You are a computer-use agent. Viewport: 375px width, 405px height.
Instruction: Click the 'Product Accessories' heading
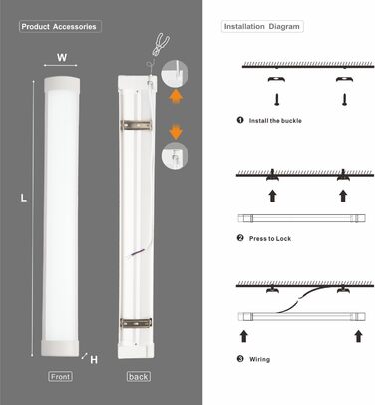(59, 27)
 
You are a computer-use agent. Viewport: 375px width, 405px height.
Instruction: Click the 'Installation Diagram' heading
(262, 27)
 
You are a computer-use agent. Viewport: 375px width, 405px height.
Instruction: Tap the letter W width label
(62, 58)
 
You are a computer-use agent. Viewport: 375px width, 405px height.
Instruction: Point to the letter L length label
(24, 198)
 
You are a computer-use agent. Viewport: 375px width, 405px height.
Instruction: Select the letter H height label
(94, 359)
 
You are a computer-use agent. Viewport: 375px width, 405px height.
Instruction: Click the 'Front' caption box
(60, 377)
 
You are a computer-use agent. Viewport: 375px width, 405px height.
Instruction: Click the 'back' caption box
(139, 377)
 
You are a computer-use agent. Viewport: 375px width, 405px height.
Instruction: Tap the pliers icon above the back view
(161, 43)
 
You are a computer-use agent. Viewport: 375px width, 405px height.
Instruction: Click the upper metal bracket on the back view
(136, 125)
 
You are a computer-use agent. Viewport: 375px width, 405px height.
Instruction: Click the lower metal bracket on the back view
(136, 322)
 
